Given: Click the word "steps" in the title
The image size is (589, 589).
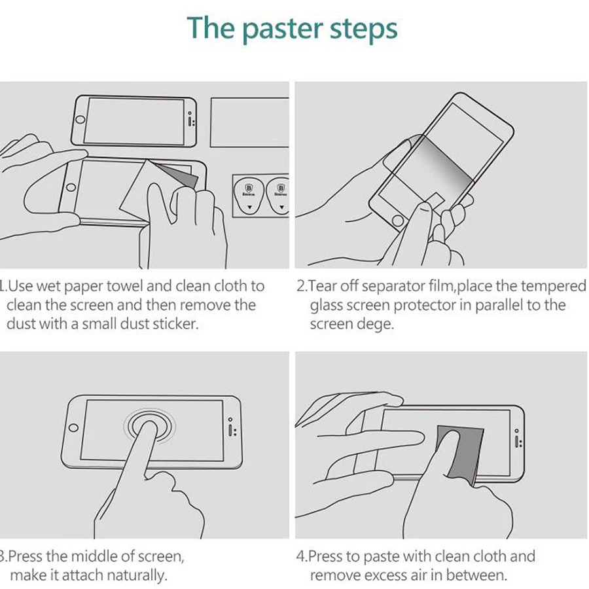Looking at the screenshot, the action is pyautogui.click(x=364, y=29).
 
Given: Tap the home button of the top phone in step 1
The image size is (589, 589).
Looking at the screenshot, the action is pyautogui.click(x=80, y=120).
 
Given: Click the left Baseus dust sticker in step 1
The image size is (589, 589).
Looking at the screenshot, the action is pyautogui.click(x=249, y=195).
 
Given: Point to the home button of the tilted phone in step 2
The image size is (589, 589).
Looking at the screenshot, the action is pyautogui.click(x=398, y=221).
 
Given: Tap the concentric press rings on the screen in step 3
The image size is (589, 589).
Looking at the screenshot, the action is pyautogui.click(x=150, y=425).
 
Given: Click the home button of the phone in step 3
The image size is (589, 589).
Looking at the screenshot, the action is pyautogui.click(x=73, y=428).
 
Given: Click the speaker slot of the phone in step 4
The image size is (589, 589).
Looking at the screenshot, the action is pyautogui.click(x=517, y=441).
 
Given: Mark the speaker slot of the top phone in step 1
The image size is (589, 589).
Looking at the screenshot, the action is pyautogui.click(x=190, y=121).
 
